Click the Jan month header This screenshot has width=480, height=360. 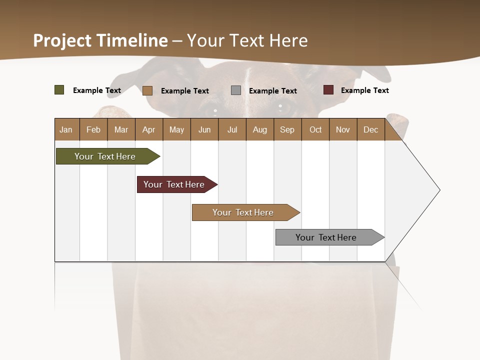coord(66,129)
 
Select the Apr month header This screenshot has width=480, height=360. coord(148,129)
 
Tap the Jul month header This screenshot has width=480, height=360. coord(232,129)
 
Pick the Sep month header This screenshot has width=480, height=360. coord(287,129)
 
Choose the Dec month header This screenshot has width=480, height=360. coord(370,129)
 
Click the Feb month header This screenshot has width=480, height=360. coord(93,129)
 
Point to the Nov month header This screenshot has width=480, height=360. coord(343,129)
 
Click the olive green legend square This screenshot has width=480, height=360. coord(59,90)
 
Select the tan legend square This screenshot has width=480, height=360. coord(147,90)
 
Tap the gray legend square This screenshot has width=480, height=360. coord(236,90)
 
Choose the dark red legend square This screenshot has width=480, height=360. coord(328,90)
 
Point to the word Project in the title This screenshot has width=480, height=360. coord(62,40)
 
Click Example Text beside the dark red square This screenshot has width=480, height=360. coord(364,90)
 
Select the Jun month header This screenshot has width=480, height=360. coord(204,129)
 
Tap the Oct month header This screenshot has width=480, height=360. coord(315,129)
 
